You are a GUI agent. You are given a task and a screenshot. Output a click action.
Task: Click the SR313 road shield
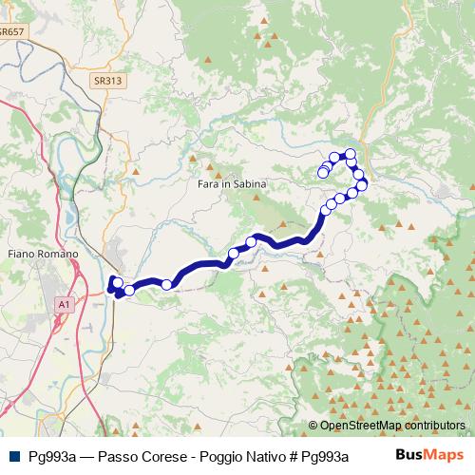click(107, 81)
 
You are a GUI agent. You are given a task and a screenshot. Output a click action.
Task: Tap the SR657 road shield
click(11, 31)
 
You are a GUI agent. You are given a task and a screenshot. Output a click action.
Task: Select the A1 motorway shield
click(63, 304)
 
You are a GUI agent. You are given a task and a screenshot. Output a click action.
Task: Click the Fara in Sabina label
click(232, 183)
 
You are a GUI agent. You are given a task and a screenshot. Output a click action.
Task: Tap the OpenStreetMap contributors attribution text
click(392, 426)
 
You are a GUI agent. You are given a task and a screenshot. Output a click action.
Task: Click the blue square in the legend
click(13, 455)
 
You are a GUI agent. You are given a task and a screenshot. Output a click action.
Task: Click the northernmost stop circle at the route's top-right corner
click(351, 154)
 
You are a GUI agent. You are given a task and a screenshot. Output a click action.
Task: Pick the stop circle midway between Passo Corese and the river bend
click(167, 284)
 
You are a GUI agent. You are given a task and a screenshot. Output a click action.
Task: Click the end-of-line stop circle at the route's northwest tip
click(323, 172)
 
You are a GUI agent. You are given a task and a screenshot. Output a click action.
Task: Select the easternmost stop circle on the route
click(362, 183)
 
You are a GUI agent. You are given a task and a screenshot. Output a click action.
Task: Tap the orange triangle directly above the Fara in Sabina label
click(224, 174)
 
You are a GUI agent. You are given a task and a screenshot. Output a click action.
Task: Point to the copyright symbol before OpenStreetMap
click(313, 426)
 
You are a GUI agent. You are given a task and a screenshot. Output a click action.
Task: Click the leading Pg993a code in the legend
click(47, 455)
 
